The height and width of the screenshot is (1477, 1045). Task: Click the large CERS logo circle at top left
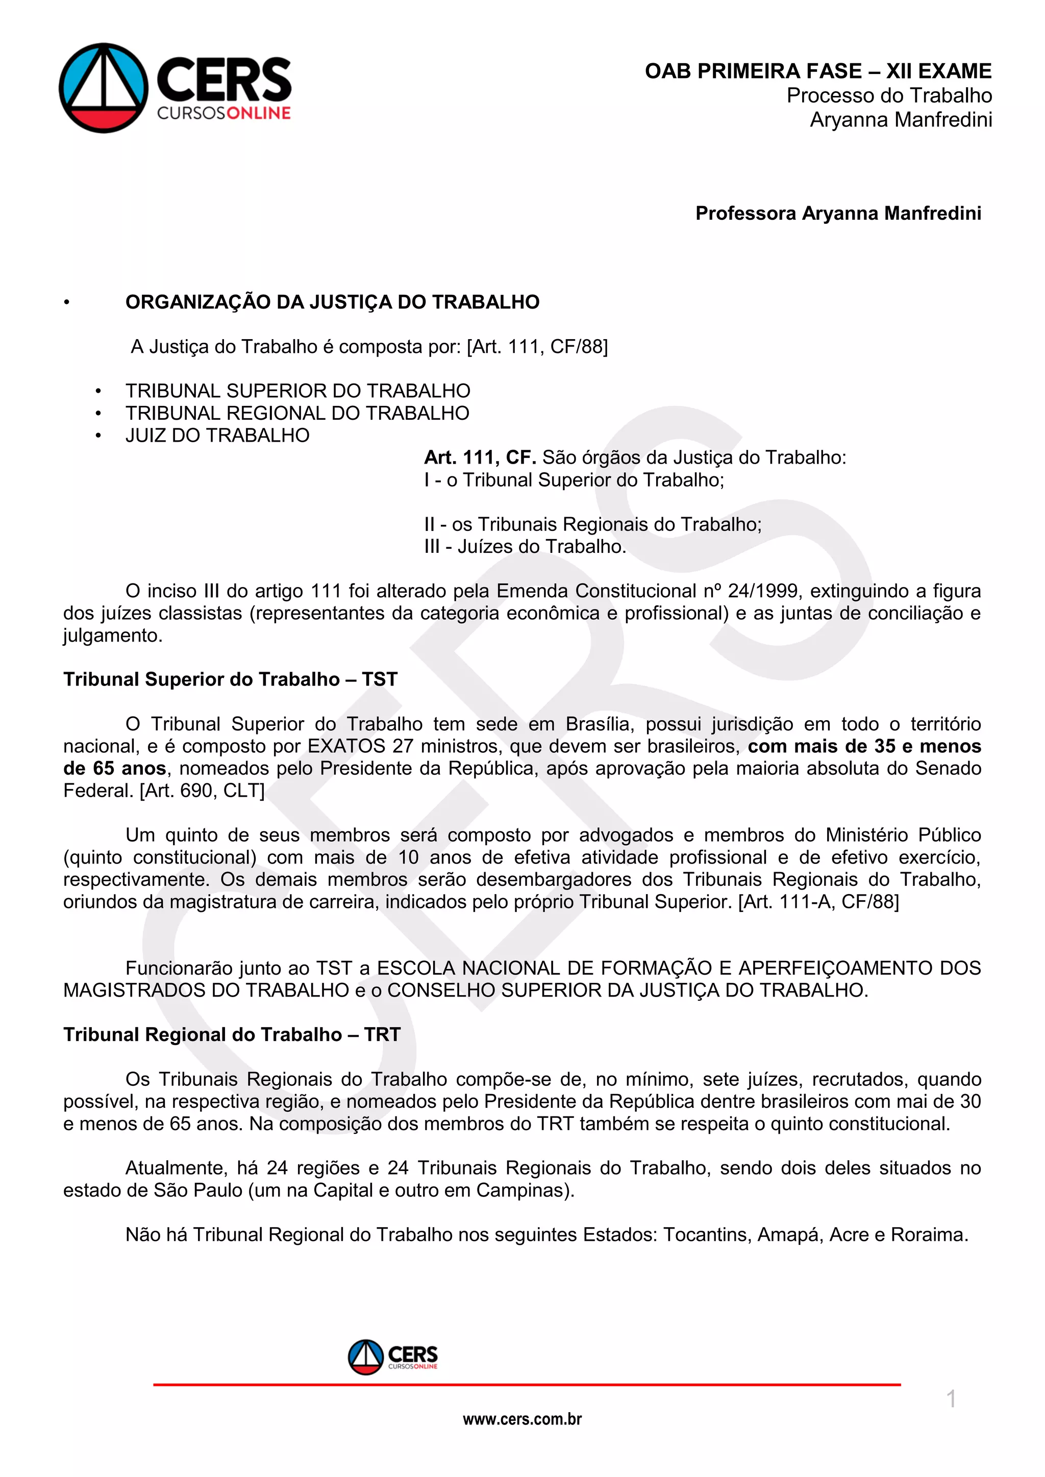[x=104, y=88]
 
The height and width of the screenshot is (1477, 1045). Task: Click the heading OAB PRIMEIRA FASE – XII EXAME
[x=818, y=71]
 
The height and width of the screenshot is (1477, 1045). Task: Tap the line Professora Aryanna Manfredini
[x=838, y=213]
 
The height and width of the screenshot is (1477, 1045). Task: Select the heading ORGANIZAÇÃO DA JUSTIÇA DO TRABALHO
[x=332, y=302]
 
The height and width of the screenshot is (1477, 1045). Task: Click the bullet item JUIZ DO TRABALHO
[x=217, y=436]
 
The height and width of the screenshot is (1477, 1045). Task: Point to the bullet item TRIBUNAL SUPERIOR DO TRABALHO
[x=298, y=391]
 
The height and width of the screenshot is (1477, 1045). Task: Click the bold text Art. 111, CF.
[x=480, y=457]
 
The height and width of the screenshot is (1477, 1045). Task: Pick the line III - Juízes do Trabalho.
[x=525, y=546]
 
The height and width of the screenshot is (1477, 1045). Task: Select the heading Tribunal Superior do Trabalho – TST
[x=230, y=679]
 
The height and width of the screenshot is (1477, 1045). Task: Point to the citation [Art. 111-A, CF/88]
[x=818, y=901]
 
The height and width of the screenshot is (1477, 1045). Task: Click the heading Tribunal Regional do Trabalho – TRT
[x=232, y=1034]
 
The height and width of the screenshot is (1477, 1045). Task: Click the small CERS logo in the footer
[x=392, y=1357]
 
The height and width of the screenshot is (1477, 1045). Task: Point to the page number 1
[x=951, y=1399]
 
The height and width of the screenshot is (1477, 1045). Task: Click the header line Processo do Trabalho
[x=889, y=95]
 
